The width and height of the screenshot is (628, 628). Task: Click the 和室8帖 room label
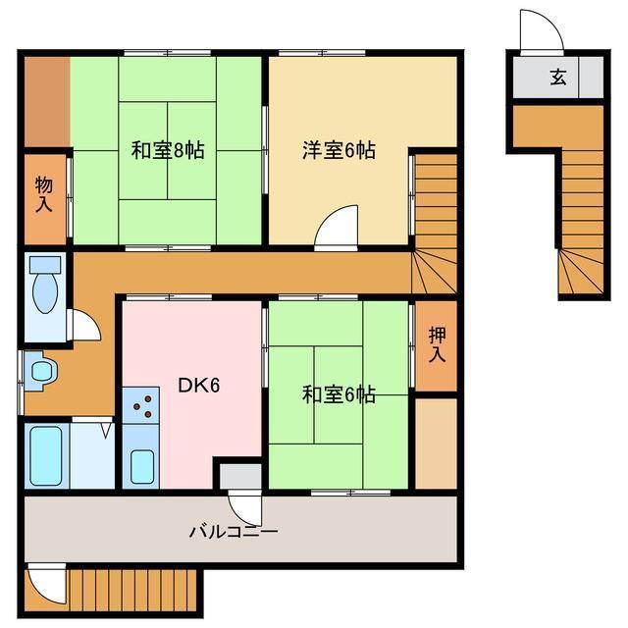[x=168, y=151]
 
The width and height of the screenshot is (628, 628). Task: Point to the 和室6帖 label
[x=339, y=394]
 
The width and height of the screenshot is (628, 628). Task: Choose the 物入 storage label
[x=43, y=194]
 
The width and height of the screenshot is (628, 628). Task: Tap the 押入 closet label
[x=437, y=344]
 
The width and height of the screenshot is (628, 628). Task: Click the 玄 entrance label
[x=557, y=78]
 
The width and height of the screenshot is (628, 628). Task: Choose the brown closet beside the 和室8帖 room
[x=45, y=100]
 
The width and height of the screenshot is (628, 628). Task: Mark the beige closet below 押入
[x=436, y=442]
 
